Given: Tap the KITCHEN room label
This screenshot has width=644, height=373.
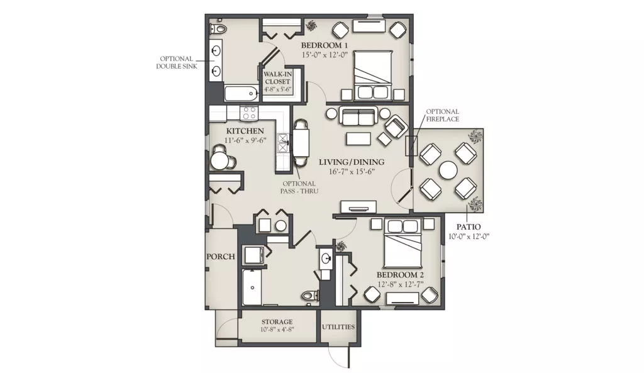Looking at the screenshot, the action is coord(245,131).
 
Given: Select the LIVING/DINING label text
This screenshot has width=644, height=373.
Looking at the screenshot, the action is coord(352,162).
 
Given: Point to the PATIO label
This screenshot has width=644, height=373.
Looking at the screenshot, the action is coord(469,227).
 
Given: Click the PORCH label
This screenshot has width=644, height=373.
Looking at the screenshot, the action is coord(221,257).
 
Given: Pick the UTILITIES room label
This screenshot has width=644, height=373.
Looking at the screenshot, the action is coord(338,327).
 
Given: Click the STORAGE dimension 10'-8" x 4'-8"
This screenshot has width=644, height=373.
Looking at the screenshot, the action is coord(277,330).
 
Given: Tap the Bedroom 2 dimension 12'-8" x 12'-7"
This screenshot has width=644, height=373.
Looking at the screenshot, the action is coord(401,284).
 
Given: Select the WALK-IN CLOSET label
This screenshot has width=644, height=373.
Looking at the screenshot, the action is coord(277,77).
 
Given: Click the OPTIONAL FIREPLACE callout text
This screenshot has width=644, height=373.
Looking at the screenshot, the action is coord(442,116).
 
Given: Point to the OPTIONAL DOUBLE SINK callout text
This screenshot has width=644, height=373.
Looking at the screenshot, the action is coord(177,62).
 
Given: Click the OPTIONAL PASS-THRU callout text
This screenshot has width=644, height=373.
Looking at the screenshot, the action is coord(299,187).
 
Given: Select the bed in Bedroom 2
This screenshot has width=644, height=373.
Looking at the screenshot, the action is coord(403,243).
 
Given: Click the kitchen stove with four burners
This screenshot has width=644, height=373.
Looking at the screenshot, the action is coord(249,113).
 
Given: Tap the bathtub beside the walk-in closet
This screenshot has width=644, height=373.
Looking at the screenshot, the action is coord(241,94).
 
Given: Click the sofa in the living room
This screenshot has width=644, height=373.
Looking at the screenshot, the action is coord(358,116).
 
